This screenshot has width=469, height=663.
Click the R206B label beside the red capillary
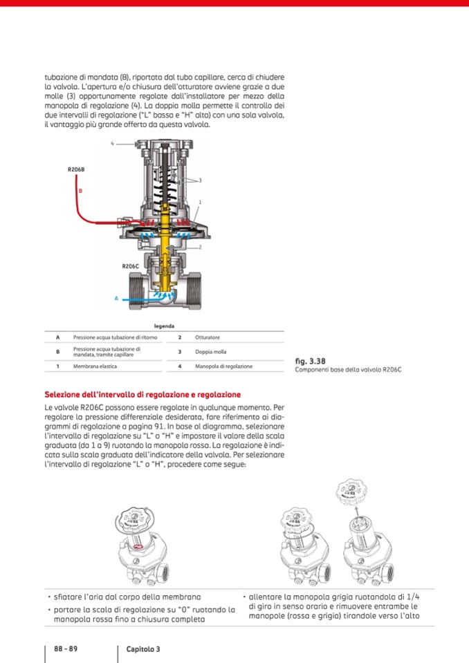click(76, 169)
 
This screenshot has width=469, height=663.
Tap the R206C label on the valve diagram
click(131, 266)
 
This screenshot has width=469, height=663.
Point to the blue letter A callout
click(117, 299)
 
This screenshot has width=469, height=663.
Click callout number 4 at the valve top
click(112, 144)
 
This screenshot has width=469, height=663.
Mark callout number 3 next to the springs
click(199, 180)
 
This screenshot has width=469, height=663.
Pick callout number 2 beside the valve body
click(199, 247)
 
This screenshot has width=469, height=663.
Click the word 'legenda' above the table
click(164, 326)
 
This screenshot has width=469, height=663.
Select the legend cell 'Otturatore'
click(208, 337)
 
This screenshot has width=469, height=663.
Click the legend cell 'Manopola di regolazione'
click(223, 366)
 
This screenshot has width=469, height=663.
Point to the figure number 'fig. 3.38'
click(310, 361)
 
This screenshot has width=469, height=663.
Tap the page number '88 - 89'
click(66, 649)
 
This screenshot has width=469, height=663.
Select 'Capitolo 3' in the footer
click(143, 649)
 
